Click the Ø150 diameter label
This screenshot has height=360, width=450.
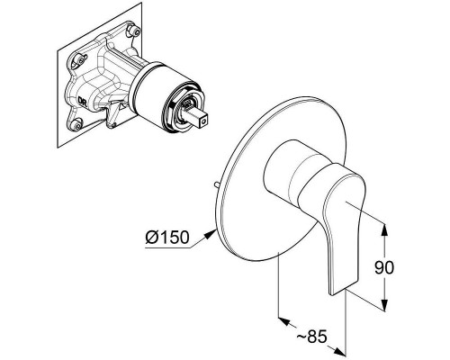click(167, 238)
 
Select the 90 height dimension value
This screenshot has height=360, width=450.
click(384, 267)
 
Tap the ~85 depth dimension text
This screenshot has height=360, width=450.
click(311, 337)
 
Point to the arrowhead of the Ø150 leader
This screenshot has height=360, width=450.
click(211, 233)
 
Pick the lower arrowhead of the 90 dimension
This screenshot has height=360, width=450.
click(384, 304)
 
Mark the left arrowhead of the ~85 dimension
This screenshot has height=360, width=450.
click(284, 321)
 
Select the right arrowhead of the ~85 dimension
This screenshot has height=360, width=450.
click(339, 351)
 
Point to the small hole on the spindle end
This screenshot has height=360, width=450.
click(204, 122)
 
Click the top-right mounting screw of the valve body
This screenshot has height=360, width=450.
click(134, 30)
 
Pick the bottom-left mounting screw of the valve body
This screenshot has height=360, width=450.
click(76, 124)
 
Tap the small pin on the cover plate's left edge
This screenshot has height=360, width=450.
click(217, 184)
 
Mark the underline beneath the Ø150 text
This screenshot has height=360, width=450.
click(168, 248)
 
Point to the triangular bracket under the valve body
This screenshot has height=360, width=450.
click(114, 114)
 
